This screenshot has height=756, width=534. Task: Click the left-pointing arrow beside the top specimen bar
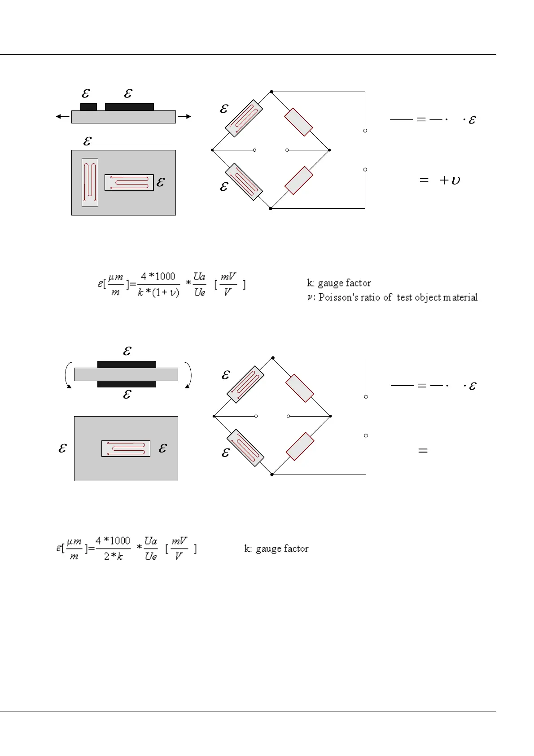[x=62, y=117]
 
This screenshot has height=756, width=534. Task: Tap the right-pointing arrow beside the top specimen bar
[x=184, y=117]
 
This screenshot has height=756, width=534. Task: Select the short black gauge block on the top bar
[x=88, y=107]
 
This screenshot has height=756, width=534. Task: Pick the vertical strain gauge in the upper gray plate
[x=90, y=182]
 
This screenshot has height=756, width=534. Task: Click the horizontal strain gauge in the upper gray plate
[x=129, y=182]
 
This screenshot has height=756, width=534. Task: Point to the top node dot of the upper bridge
[x=271, y=92]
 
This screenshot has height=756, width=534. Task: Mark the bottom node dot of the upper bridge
[x=271, y=208]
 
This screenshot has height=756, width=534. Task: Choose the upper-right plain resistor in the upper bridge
[x=298, y=122]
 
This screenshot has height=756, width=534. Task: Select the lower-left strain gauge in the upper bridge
[x=245, y=182]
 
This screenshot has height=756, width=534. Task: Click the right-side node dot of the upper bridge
[x=329, y=150]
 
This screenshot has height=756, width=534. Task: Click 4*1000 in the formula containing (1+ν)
[x=158, y=277]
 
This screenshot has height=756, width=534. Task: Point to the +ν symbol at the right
[x=450, y=180]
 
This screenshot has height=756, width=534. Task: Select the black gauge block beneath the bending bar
[x=127, y=384]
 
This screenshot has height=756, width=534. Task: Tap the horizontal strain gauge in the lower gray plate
[x=126, y=448]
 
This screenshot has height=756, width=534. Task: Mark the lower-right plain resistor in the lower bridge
[x=300, y=446]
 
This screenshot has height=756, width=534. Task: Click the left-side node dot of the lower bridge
[x=214, y=416]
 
